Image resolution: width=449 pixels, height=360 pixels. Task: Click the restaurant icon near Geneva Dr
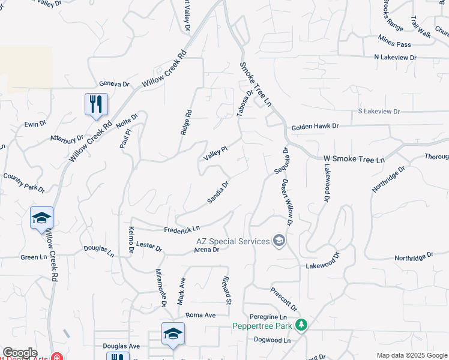[x=96, y=104]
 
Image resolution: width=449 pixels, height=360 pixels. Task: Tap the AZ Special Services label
[x=233, y=241]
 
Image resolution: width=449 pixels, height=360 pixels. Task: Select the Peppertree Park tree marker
[x=301, y=326]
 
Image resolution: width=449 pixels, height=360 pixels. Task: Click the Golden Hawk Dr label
[x=315, y=127]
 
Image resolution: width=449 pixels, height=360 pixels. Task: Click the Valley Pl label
[x=215, y=153]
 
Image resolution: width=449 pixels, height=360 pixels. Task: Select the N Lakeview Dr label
[x=394, y=57]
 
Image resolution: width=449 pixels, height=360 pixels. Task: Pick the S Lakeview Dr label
[x=378, y=112]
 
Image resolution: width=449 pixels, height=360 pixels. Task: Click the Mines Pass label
[x=394, y=44]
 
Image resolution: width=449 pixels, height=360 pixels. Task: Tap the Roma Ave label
[x=200, y=315]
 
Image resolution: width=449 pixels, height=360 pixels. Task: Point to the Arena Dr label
[x=207, y=249]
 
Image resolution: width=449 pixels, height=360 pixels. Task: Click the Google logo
[x=20, y=353]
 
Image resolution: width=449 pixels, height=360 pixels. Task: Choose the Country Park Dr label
[x=24, y=182]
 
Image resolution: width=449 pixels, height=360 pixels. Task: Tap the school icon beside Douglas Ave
[x=173, y=334]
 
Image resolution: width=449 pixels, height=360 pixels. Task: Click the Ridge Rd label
[x=185, y=122]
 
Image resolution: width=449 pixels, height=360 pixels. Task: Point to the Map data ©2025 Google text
[x=411, y=355]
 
